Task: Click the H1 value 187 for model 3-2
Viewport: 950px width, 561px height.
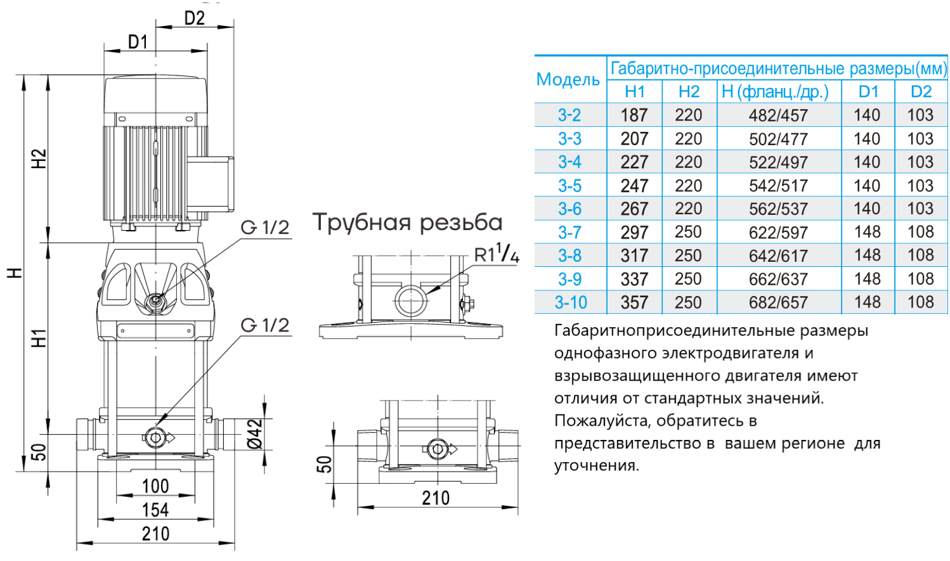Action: (634, 115)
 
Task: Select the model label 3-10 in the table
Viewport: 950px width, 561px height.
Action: (570, 302)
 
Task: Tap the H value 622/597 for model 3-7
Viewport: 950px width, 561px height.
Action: (778, 233)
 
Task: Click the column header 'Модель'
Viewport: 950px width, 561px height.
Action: (568, 80)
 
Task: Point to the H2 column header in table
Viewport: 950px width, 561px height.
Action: (688, 92)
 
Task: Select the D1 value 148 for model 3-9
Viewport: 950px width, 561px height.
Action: (867, 279)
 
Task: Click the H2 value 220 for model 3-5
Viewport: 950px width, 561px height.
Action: (688, 186)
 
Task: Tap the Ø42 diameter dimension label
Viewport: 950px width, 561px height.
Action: (255, 434)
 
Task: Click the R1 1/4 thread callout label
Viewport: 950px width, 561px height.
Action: (496, 254)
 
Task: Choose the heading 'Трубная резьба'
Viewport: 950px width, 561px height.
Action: (407, 222)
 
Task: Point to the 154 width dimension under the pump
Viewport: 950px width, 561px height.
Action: (155, 510)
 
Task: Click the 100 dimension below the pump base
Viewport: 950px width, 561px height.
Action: (155, 486)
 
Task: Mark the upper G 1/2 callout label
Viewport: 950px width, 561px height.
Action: (265, 228)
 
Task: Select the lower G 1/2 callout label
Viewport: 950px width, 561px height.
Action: (265, 325)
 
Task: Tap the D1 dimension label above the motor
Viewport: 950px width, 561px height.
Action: (138, 42)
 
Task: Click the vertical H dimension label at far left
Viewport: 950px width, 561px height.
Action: (15, 273)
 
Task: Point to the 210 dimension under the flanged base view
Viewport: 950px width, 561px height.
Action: (436, 498)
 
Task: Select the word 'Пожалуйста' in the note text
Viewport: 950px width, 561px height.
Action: (602, 421)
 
